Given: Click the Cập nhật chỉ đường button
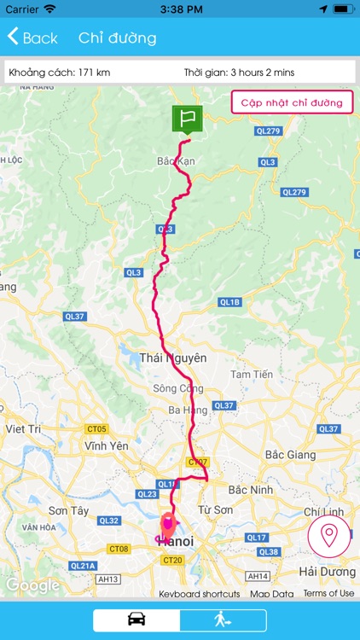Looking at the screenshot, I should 292,102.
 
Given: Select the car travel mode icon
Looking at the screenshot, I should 136,620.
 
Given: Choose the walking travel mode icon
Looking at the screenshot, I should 223,620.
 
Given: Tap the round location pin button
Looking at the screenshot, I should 328,536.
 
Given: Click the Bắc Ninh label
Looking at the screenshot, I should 249,489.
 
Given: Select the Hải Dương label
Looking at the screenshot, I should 327,571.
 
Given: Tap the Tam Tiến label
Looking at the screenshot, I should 252,374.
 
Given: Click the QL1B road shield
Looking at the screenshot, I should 230,302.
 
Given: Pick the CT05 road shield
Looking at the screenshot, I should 97,428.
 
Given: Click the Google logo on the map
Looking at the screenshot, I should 32,585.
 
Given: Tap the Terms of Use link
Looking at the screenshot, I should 328,593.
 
